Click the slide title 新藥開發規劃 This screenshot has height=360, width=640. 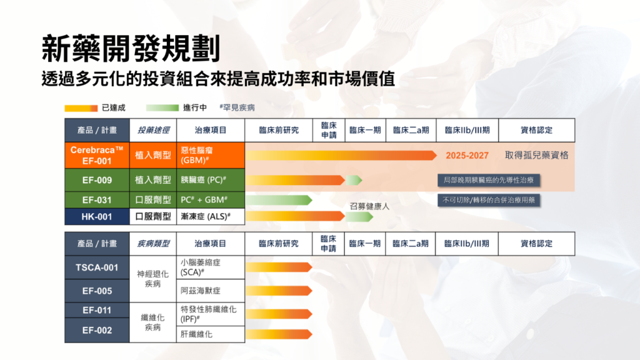coord(131,49)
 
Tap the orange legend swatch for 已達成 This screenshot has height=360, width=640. coord(81,108)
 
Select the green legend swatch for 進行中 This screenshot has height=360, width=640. coord(162,107)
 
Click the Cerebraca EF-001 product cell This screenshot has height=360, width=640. coord(97,155)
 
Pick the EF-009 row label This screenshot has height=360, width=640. coord(97,180)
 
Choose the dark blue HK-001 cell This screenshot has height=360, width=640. coord(97,217)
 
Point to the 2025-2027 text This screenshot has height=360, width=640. coord(467,156)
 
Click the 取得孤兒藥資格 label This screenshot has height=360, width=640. coord(536,155)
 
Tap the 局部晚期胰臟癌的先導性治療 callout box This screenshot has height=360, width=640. coord(489,180)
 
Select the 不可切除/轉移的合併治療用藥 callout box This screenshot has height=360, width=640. coord(489,200)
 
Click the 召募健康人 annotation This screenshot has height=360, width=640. coord(369,206)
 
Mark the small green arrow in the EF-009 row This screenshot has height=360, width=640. coord(354,180)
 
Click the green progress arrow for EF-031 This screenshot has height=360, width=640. coord(279,200)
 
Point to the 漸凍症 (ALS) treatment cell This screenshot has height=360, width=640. coord(211,217)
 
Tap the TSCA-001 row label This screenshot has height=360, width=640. coord(97,267)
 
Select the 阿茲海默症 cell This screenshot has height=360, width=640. coord(211,291)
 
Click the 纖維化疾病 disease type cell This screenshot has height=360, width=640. coord(152,322)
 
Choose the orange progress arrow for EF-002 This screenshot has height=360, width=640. coord(279,334)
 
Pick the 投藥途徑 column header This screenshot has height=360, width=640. coord(153,130)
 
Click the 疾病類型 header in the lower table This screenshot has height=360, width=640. coord(153,244)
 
